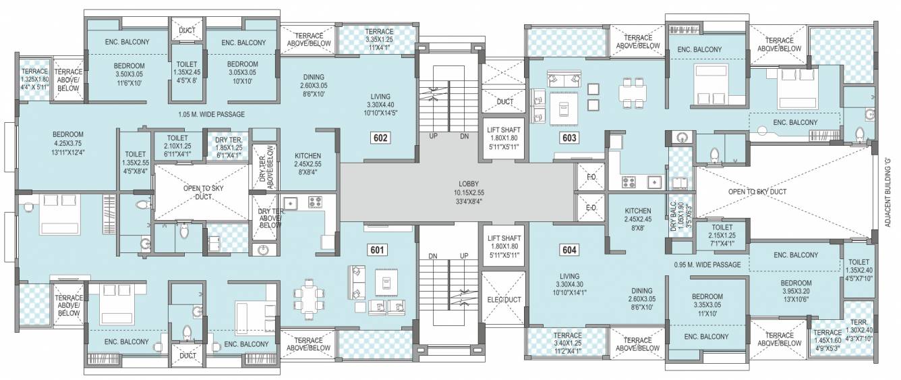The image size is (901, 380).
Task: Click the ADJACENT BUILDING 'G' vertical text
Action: (888, 193)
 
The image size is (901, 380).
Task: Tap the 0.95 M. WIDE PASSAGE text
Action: (707, 265)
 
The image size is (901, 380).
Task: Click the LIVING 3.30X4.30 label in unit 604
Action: (570, 284)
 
